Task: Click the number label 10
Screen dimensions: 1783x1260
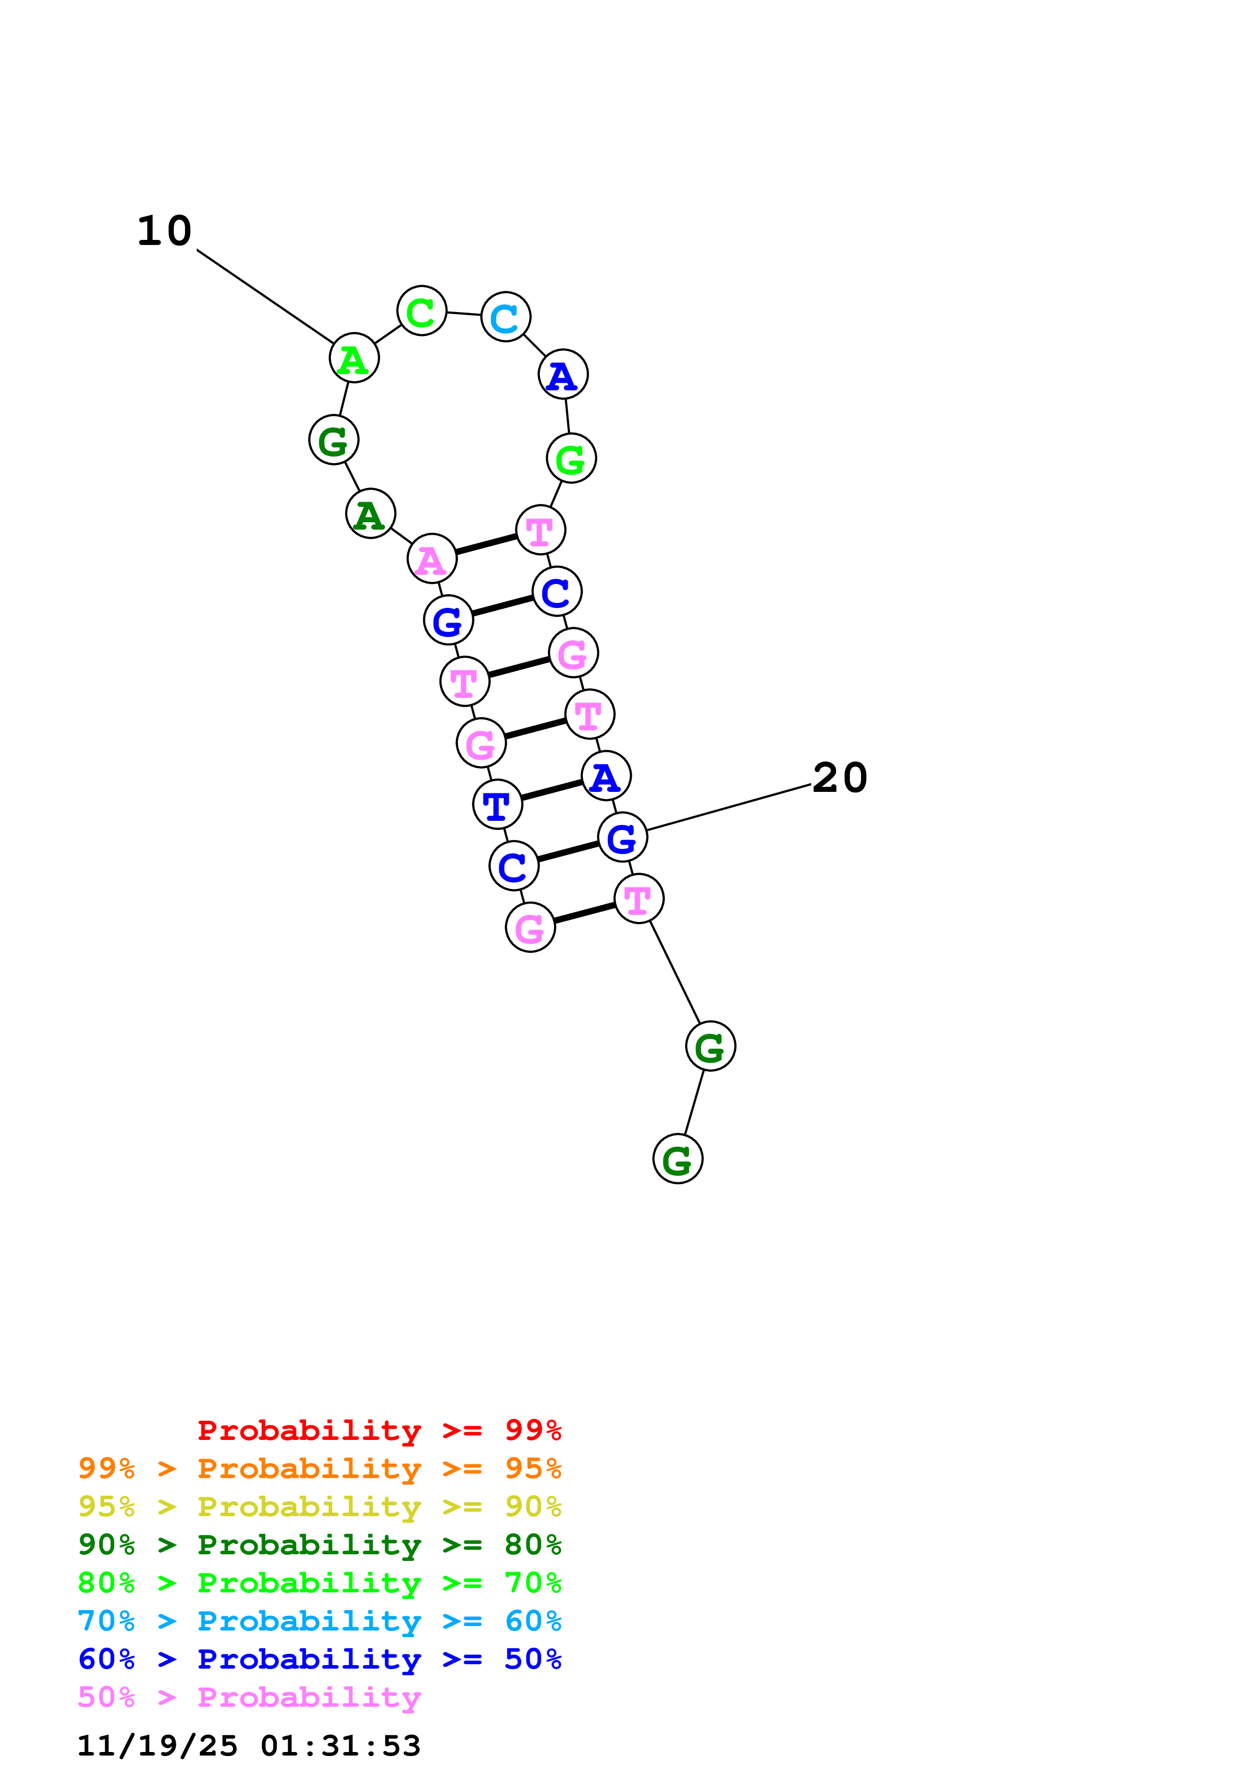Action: pyautogui.click(x=165, y=231)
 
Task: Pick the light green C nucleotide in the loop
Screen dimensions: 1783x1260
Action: pyautogui.click(x=421, y=312)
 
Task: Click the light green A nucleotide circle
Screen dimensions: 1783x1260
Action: pyautogui.click(x=354, y=359)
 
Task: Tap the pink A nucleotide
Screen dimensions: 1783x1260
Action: pyautogui.click(x=432, y=559)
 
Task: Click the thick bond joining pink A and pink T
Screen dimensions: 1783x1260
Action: pyautogui.click(x=486, y=544)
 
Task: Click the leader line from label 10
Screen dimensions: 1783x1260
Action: pyautogui.click(x=265, y=296)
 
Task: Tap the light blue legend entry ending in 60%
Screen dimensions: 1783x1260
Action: pyautogui.click(x=319, y=1621)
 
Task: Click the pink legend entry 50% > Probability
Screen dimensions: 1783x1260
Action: pyautogui.click(x=249, y=1698)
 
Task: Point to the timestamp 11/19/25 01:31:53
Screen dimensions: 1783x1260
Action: pyautogui.click(x=249, y=1746)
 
